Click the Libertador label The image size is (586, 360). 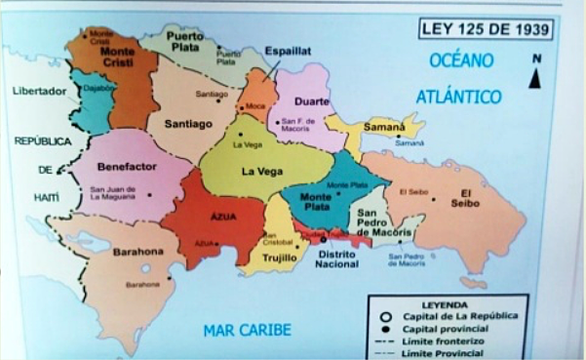pyautogui.click(x=38, y=91)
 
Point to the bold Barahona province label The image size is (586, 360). pyautogui.click(x=137, y=252)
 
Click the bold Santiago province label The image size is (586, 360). pyautogui.click(x=187, y=124)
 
